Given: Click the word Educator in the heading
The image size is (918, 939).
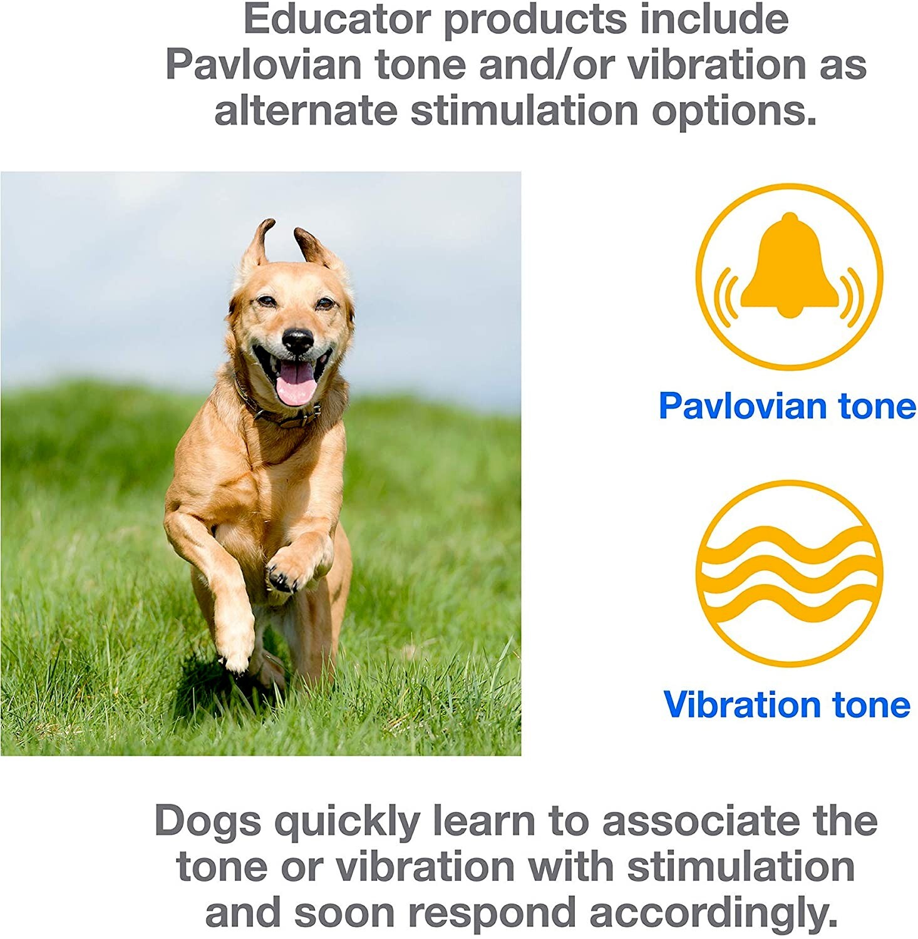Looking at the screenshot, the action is pyautogui.click(x=337, y=20).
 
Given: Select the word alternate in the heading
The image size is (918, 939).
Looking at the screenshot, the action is pyautogui.click(x=306, y=111).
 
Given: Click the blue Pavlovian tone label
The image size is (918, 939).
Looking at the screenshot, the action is pyautogui.click(x=787, y=406).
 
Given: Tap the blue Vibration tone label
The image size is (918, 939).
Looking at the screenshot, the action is pyautogui.click(x=786, y=704).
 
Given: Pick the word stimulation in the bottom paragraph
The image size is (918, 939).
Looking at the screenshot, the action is pyautogui.click(x=741, y=867).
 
